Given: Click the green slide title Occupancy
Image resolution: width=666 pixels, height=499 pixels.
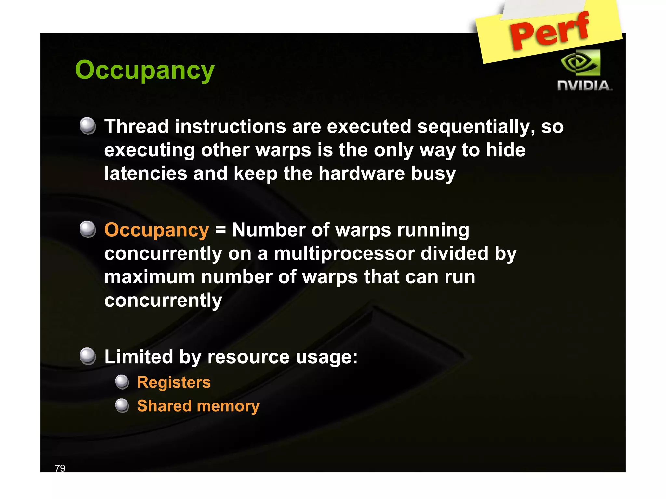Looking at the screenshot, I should click(145, 70).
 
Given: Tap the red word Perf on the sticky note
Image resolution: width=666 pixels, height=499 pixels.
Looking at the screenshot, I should click(549, 31).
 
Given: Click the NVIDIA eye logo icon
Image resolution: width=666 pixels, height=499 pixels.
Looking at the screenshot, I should click(581, 63).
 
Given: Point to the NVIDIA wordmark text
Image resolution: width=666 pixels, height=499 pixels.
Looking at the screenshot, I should click(584, 86).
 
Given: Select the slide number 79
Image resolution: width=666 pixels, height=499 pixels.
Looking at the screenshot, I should click(60, 468).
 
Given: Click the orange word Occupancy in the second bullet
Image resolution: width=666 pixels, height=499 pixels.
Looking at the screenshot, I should click(156, 230).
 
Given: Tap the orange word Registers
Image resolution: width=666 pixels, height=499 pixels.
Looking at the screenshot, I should click(174, 382).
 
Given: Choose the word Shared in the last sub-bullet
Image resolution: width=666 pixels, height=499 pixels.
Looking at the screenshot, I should click(164, 406).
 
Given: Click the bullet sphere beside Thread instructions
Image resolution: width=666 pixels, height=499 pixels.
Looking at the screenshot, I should click(88, 126).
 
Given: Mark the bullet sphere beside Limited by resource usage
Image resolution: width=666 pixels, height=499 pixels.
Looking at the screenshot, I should click(88, 356).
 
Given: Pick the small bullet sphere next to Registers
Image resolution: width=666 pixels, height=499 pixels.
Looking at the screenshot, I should click(122, 382).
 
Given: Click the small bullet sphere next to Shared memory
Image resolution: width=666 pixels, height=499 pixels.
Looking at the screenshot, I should click(122, 405).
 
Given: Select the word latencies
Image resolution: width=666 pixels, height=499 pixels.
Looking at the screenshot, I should click(145, 173).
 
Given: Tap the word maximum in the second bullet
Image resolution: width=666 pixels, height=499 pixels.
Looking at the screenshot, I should click(149, 277).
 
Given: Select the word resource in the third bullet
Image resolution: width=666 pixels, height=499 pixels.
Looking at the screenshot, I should click(248, 357).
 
